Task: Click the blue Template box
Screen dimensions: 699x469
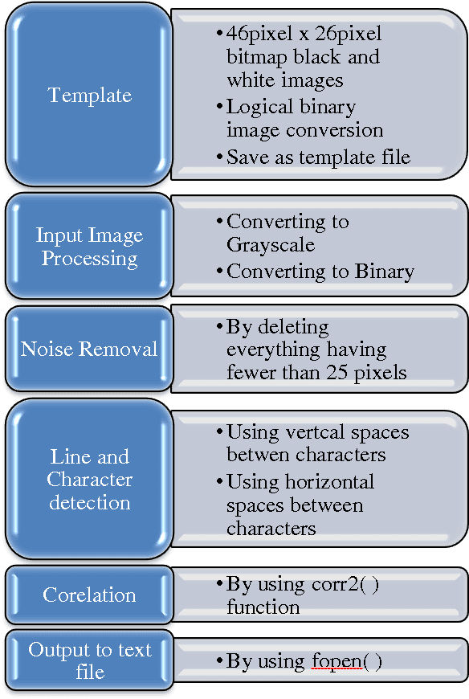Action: (89, 95)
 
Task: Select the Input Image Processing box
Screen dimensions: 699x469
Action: (89, 247)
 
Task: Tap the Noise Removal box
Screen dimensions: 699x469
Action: (89, 349)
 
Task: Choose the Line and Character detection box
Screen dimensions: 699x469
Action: (89, 480)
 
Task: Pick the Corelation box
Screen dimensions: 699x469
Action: (89, 595)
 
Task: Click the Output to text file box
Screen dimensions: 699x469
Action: (89, 660)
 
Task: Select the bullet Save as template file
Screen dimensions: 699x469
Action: (318, 157)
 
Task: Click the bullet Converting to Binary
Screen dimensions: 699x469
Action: (320, 272)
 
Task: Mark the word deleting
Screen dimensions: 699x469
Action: (277, 328)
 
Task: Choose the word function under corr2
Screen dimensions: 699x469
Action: (263, 607)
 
